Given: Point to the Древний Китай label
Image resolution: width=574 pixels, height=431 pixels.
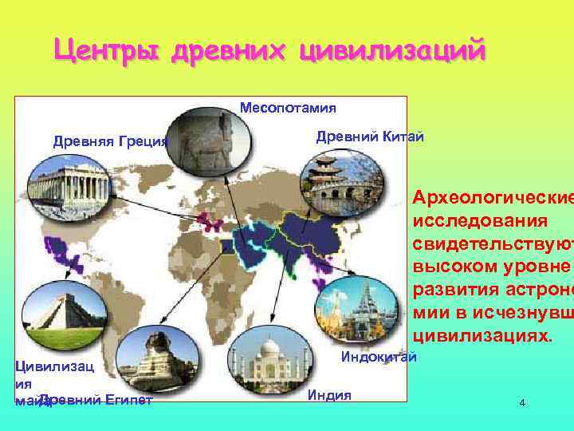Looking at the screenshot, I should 370,136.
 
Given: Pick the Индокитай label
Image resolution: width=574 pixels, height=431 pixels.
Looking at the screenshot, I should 379,356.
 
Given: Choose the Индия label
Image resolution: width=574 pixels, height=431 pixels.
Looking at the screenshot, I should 329,394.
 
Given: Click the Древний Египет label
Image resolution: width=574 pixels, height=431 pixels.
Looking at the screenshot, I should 96,400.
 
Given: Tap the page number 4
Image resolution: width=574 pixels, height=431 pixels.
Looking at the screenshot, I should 522,403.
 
